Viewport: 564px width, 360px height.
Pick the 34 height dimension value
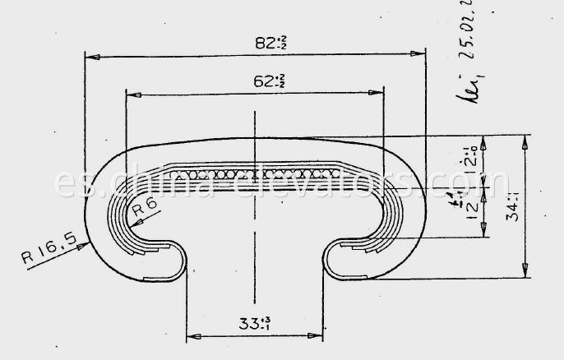point(511,209)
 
